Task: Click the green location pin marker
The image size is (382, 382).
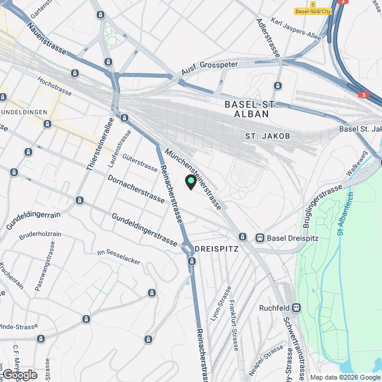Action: pos(191,181)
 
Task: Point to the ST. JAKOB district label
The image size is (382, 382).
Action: pos(268,137)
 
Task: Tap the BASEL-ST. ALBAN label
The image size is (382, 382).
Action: pos(251,109)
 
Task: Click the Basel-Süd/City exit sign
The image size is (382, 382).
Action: pos(313,11)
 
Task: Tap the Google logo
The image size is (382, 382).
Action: pos(20,374)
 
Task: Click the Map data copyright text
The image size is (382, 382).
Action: pos(344,377)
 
